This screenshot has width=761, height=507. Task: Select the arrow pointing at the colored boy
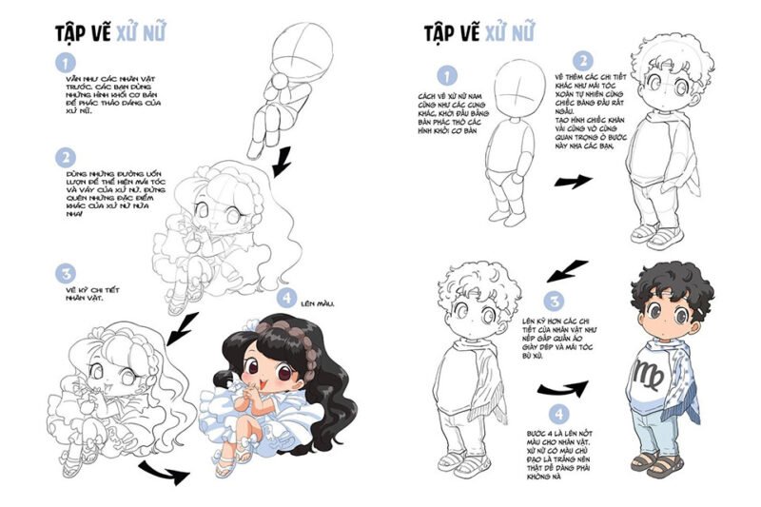pyautogui.click(x=561, y=390)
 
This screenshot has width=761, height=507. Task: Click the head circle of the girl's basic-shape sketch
pyautogui.click(x=302, y=49)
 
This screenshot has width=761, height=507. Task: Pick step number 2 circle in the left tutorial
pyautogui.click(x=66, y=156)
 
